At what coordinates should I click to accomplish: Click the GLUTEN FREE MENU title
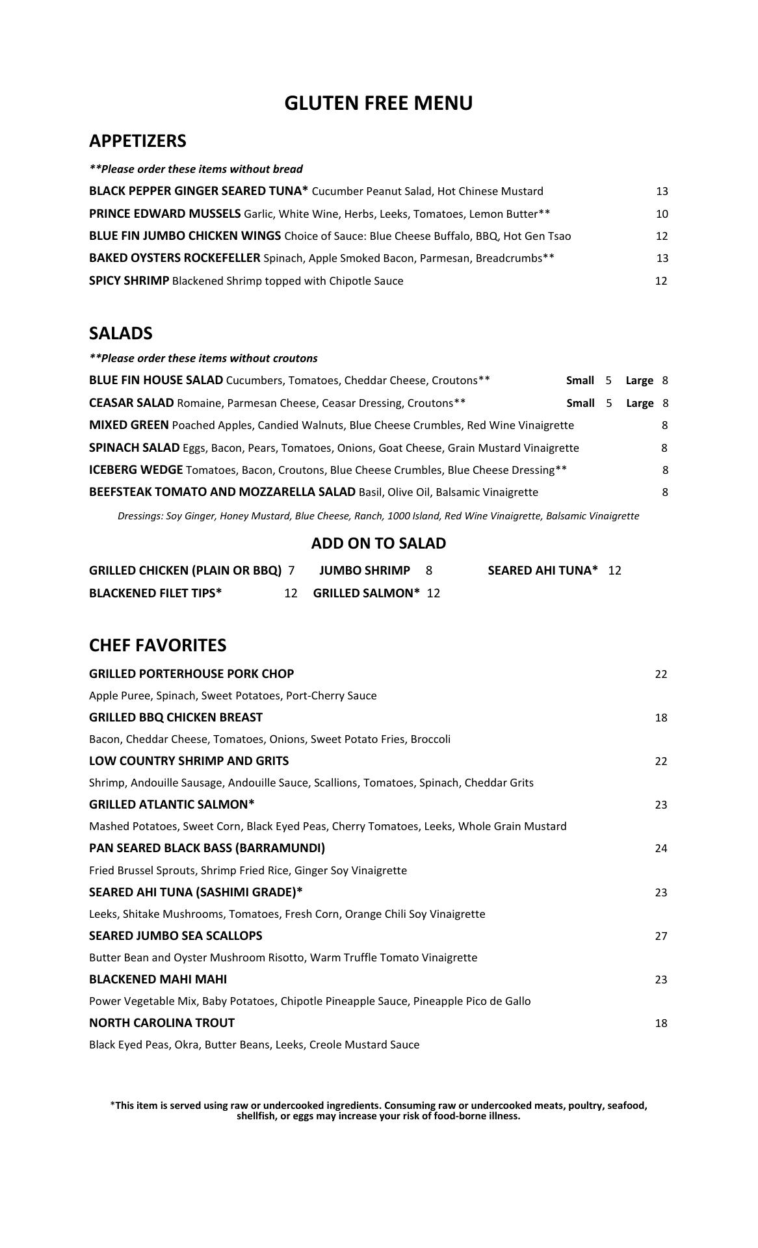point(378,103)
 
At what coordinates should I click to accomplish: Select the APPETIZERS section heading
point(137,141)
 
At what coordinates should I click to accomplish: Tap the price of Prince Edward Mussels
point(662,214)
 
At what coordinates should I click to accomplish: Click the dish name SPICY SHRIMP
point(129,281)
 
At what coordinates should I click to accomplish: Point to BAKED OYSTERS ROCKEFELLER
point(174,258)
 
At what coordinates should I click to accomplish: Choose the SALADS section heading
point(120,333)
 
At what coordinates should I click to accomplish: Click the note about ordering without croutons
point(203,358)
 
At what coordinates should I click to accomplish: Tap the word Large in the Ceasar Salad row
point(640,403)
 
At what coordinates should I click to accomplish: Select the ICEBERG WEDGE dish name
point(136,469)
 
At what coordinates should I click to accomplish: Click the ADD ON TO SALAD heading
point(378,543)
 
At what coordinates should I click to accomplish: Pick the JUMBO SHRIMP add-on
point(365,571)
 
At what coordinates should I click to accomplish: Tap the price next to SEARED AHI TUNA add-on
point(614,571)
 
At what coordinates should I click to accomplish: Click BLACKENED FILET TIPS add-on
point(155,593)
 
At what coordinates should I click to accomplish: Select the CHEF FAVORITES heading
point(157,645)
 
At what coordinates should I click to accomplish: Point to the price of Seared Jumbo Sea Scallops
point(661,936)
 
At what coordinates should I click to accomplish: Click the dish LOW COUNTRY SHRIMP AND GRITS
point(189,761)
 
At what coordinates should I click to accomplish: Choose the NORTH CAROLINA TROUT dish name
point(161,1023)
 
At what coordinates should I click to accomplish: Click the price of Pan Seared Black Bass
point(661,848)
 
